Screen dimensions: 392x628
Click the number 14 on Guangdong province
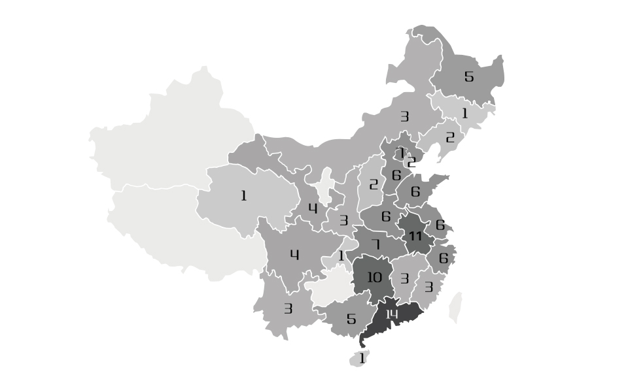(x=391, y=315)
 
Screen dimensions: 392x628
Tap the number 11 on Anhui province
(x=415, y=237)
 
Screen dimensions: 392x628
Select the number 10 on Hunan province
(x=374, y=278)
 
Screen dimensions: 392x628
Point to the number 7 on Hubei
(x=375, y=244)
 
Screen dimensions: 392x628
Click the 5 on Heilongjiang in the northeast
(x=468, y=77)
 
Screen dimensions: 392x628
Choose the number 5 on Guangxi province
(x=351, y=319)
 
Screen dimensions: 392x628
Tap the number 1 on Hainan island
(x=362, y=357)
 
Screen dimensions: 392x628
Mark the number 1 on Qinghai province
(x=244, y=195)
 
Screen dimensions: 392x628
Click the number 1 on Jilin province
(x=465, y=113)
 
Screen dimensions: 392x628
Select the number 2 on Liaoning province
(x=449, y=138)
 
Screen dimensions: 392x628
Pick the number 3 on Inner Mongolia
(x=404, y=117)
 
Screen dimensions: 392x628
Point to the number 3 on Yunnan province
(x=288, y=308)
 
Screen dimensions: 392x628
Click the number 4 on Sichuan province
(x=294, y=255)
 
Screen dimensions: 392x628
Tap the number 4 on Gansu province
(x=313, y=208)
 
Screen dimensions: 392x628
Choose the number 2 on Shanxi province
(x=374, y=185)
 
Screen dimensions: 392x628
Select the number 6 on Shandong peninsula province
(x=415, y=192)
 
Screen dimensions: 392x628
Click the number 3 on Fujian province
(x=428, y=287)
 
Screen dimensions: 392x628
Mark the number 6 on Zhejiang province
(x=444, y=258)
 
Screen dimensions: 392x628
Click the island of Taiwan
(x=455, y=307)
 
